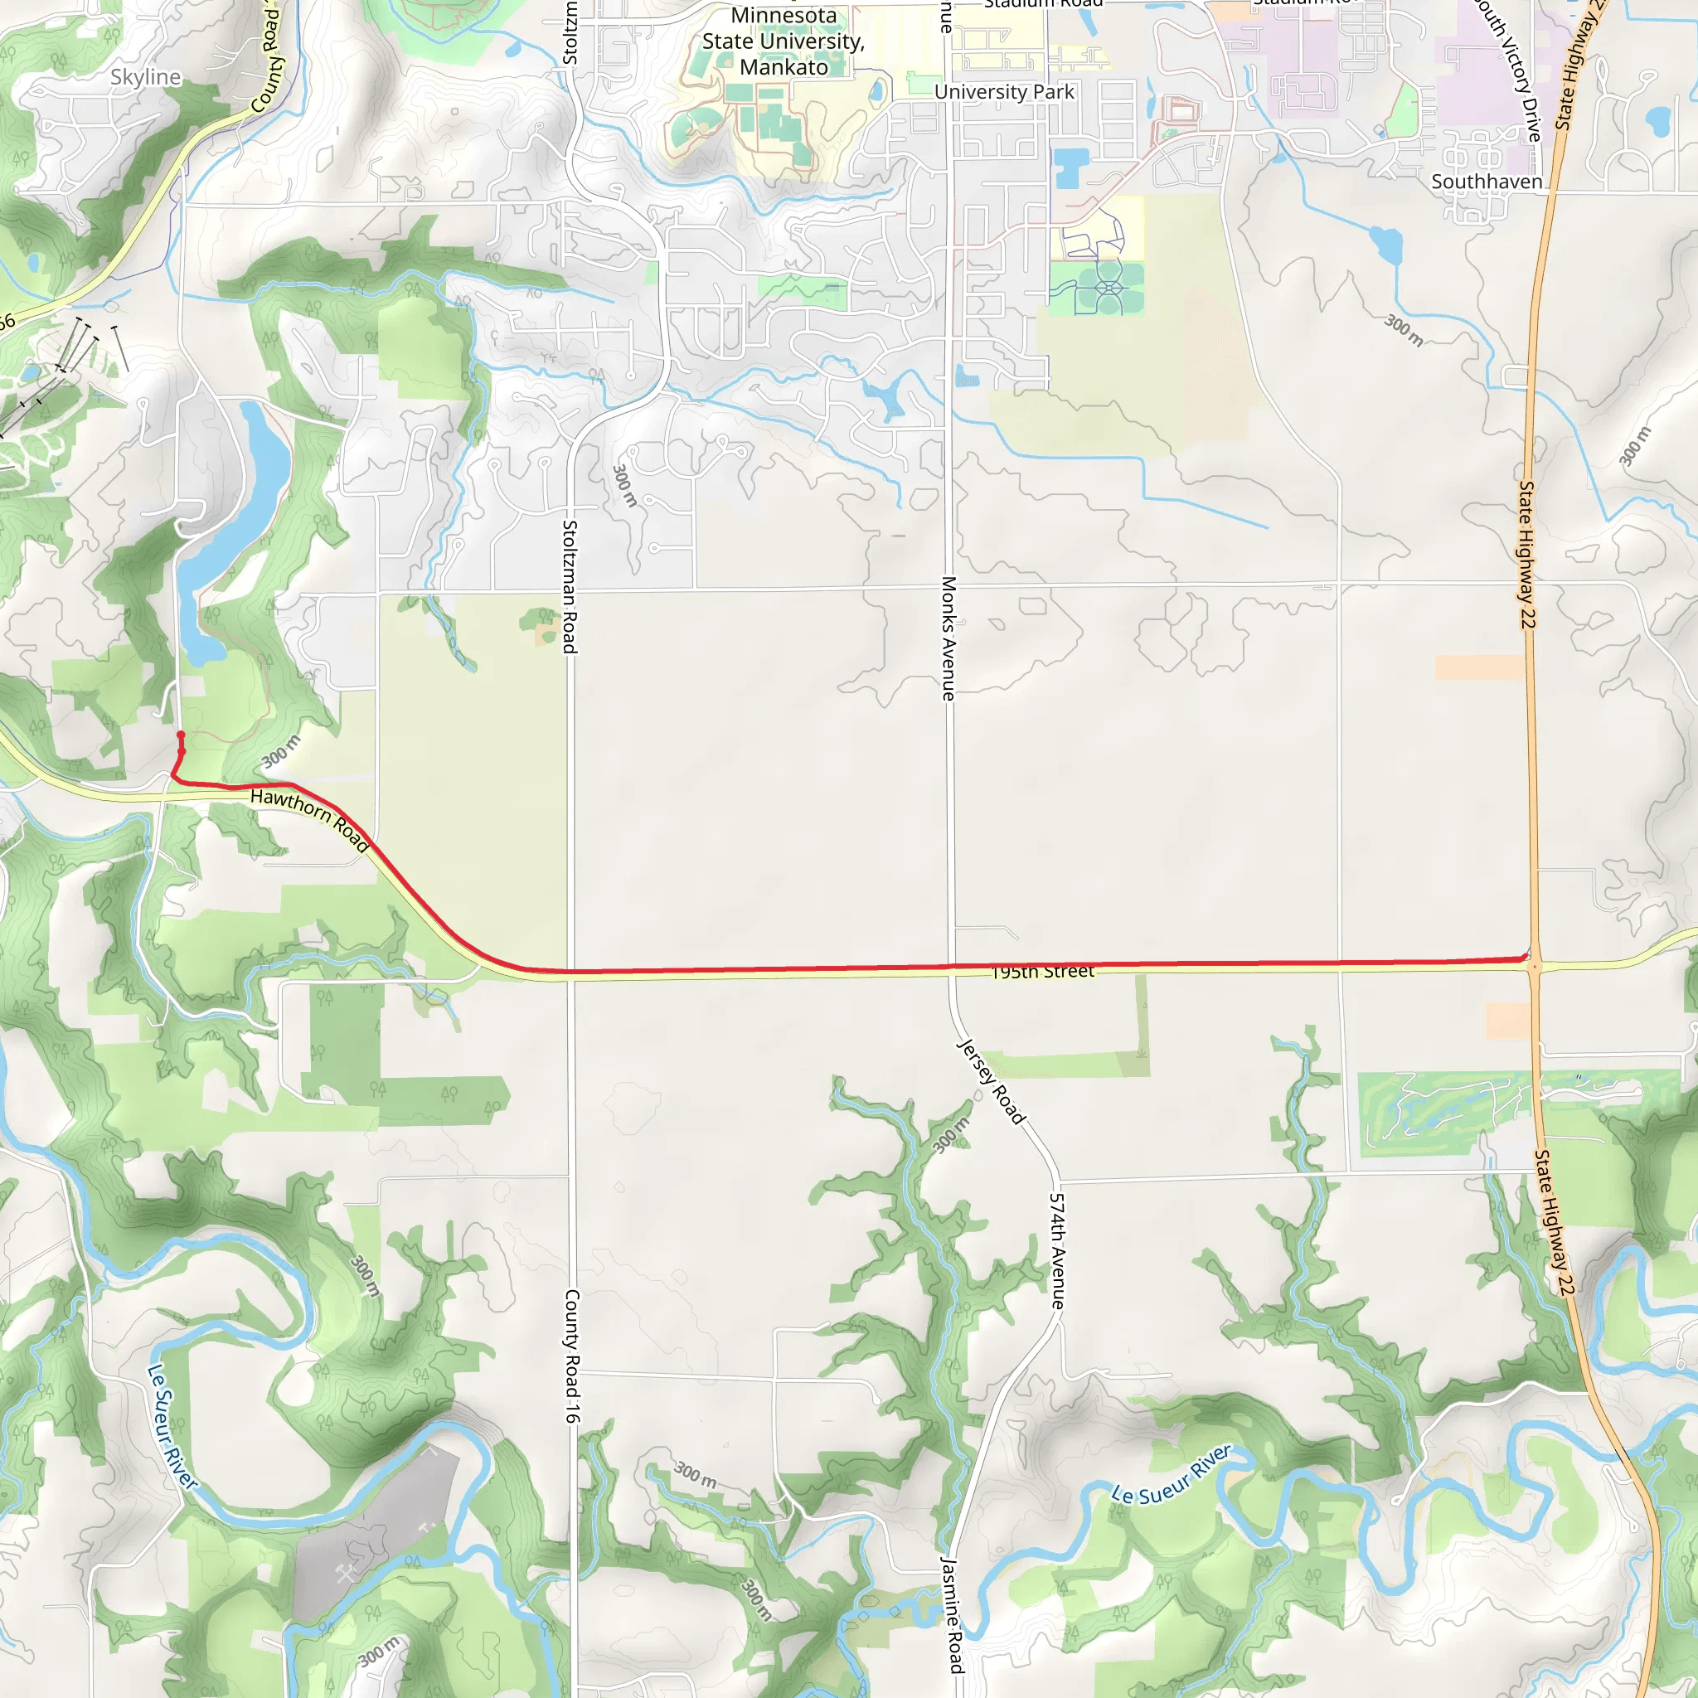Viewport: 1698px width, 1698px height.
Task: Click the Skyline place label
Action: click(146, 77)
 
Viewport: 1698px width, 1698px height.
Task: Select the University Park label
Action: click(1004, 92)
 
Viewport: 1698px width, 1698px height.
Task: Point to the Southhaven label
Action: click(1487, 182)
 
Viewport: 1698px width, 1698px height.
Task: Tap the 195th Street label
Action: click(1042, 971)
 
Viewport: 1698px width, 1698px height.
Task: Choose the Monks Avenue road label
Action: click(948, 638)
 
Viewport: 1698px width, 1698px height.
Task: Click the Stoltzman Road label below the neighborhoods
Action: click(570, 586)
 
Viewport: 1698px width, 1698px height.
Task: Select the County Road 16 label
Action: click(572, 1356)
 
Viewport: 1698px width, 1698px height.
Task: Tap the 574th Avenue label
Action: click(1057, 1250)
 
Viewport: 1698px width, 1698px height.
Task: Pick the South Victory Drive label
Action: click(1508, 70)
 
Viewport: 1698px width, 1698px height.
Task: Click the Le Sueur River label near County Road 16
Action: click(172, 1426)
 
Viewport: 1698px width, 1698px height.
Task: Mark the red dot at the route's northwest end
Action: click(181, 734)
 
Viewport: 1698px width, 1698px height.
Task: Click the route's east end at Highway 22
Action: click(1526, 957)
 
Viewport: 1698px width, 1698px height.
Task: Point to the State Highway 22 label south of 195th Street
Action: click(1551, 1221)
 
